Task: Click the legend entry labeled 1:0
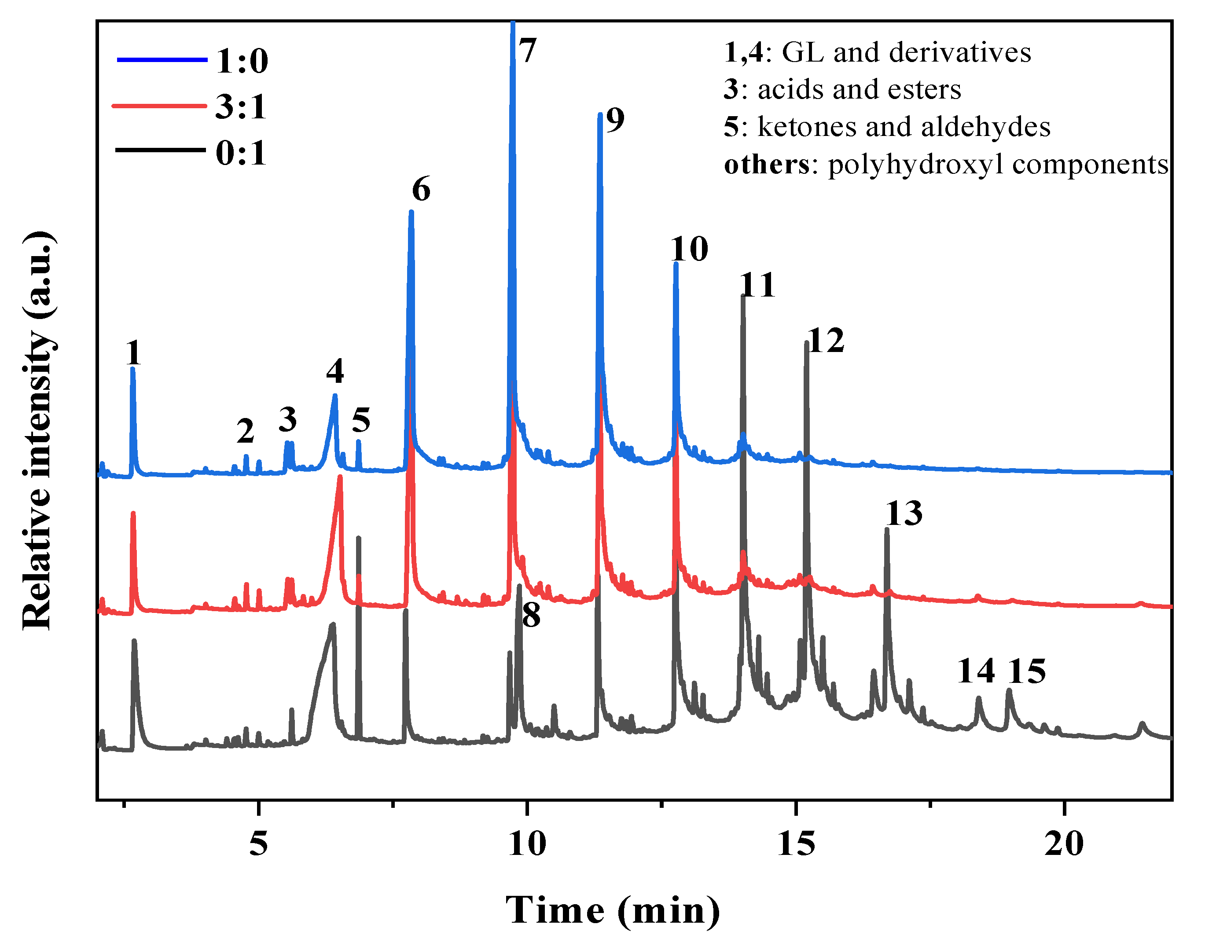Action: (x=241, y=61)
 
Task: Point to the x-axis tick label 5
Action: (x=258, y=844)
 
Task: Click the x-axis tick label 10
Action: (x=527, y=844)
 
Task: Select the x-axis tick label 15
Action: (x=796, y=844)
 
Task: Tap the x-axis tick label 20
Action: (x=1064, y=844)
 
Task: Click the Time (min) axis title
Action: (x=613, y=911)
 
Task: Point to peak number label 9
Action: (x=615, y=120)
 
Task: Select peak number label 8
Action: (x=531, y=615)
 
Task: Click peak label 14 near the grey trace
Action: (x=975, y=671)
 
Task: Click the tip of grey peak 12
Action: (x=807, y=342)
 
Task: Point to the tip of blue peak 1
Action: (x=132, y=368)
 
